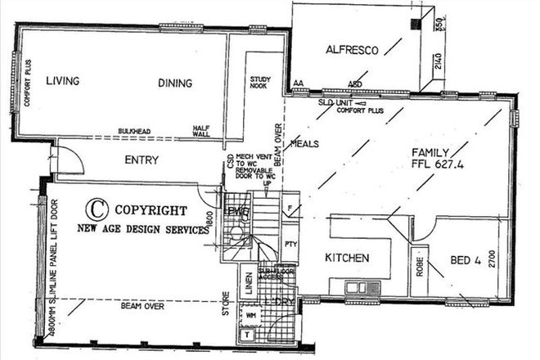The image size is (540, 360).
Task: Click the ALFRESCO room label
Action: [352, 50]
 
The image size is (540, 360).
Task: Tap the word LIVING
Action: [62, 81]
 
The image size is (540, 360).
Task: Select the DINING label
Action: [175, 83]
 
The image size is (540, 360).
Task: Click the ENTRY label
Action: [141, 160]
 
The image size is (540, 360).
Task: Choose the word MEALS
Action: [304, 144]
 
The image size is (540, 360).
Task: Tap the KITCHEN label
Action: [347, 259]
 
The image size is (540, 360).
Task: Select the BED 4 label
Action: [467, 262]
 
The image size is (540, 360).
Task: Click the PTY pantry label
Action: [290, 244]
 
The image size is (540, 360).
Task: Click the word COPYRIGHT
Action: [151, 209]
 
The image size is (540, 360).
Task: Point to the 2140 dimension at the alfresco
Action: [438, 62]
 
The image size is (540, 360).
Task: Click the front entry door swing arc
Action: [70, 160]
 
